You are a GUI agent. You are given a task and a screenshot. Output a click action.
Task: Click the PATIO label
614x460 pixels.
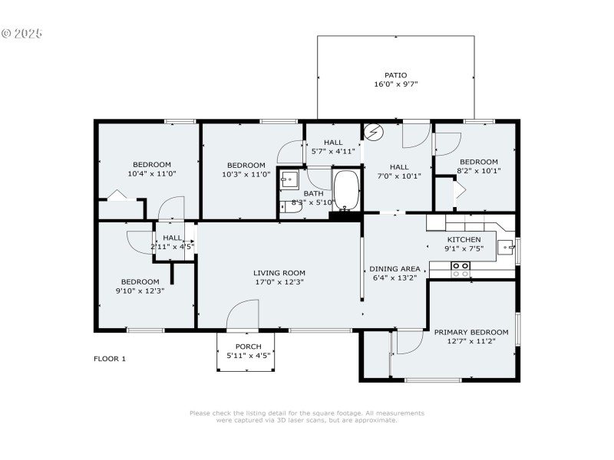pyautogui.click(x=395, y=75)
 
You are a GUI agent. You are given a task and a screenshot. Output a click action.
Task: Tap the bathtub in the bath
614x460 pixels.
pyautogui.click(x=346, y=189)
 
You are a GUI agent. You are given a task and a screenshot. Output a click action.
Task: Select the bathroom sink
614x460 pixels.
pyautogui.click(x=288, y=179)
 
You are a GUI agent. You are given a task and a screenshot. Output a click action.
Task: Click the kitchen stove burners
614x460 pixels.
pyautogui.click(x=460, y=269)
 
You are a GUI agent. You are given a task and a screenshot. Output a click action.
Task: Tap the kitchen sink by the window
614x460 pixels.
pyautogui.click(x=507, y=248)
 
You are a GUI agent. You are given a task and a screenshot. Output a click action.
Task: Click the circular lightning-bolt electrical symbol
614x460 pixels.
pyautogui.click(x=373, y=133)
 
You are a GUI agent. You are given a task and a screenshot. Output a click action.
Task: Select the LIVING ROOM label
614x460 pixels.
pyautogui.click(x=279, y=272)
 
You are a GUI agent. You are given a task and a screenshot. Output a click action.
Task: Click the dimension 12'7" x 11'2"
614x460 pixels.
pyautogui.click(x=471, y=341)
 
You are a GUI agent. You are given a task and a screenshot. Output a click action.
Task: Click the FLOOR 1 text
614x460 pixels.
pyautogui.click(x=109, y=359)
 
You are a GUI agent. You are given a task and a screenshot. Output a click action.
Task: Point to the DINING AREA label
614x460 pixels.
pyautogui.click(x=394, y=268)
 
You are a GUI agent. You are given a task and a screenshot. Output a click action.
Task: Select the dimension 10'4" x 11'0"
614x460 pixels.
pyautogui.click(x=151, y=174)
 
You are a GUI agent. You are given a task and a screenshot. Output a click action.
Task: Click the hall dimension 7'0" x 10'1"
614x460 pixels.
pyautogui.click(x=399, y=176)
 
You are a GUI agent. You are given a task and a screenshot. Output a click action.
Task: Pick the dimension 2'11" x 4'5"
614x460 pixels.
pyautogui.click(x=172, y=247)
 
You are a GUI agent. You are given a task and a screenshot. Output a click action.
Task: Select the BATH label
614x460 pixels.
pyautogui.click(x=313, y=193)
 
